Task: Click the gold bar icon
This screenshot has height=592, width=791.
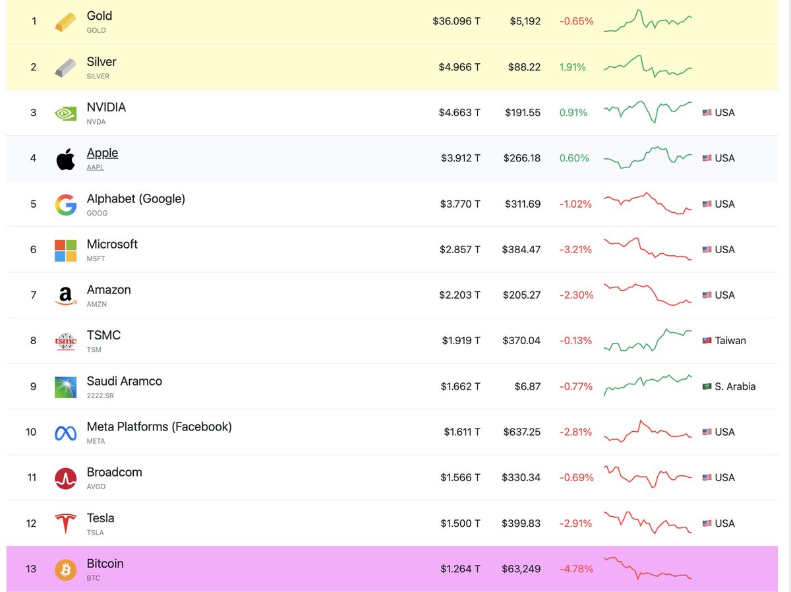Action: click(65, 21)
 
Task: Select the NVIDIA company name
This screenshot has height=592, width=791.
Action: click(106, 107)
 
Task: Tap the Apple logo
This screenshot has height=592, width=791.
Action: click(65, 158)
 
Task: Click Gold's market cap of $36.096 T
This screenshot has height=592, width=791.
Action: click(456, 21)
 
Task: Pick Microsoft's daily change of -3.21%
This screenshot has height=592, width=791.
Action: click(575, 249)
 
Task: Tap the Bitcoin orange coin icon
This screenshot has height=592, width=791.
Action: click(65, 569)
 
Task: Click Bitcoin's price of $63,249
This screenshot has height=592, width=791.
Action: click(521, 569)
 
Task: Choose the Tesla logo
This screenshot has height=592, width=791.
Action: click(65, 523)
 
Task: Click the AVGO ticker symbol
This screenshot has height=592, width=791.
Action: click(96, 487)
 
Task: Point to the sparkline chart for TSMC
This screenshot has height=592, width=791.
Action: click(648, 340)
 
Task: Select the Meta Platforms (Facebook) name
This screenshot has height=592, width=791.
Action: click(159, 427)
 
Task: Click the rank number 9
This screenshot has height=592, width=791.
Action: click(33, 386)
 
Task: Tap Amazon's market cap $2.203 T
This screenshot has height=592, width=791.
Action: click(459, 295)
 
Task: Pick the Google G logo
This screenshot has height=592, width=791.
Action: click(65, 204)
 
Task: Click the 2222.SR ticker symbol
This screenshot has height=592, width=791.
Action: click(100, 396)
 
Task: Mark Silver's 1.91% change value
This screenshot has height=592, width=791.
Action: click(572, 67)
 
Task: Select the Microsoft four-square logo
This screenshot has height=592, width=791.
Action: click(65, 250)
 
